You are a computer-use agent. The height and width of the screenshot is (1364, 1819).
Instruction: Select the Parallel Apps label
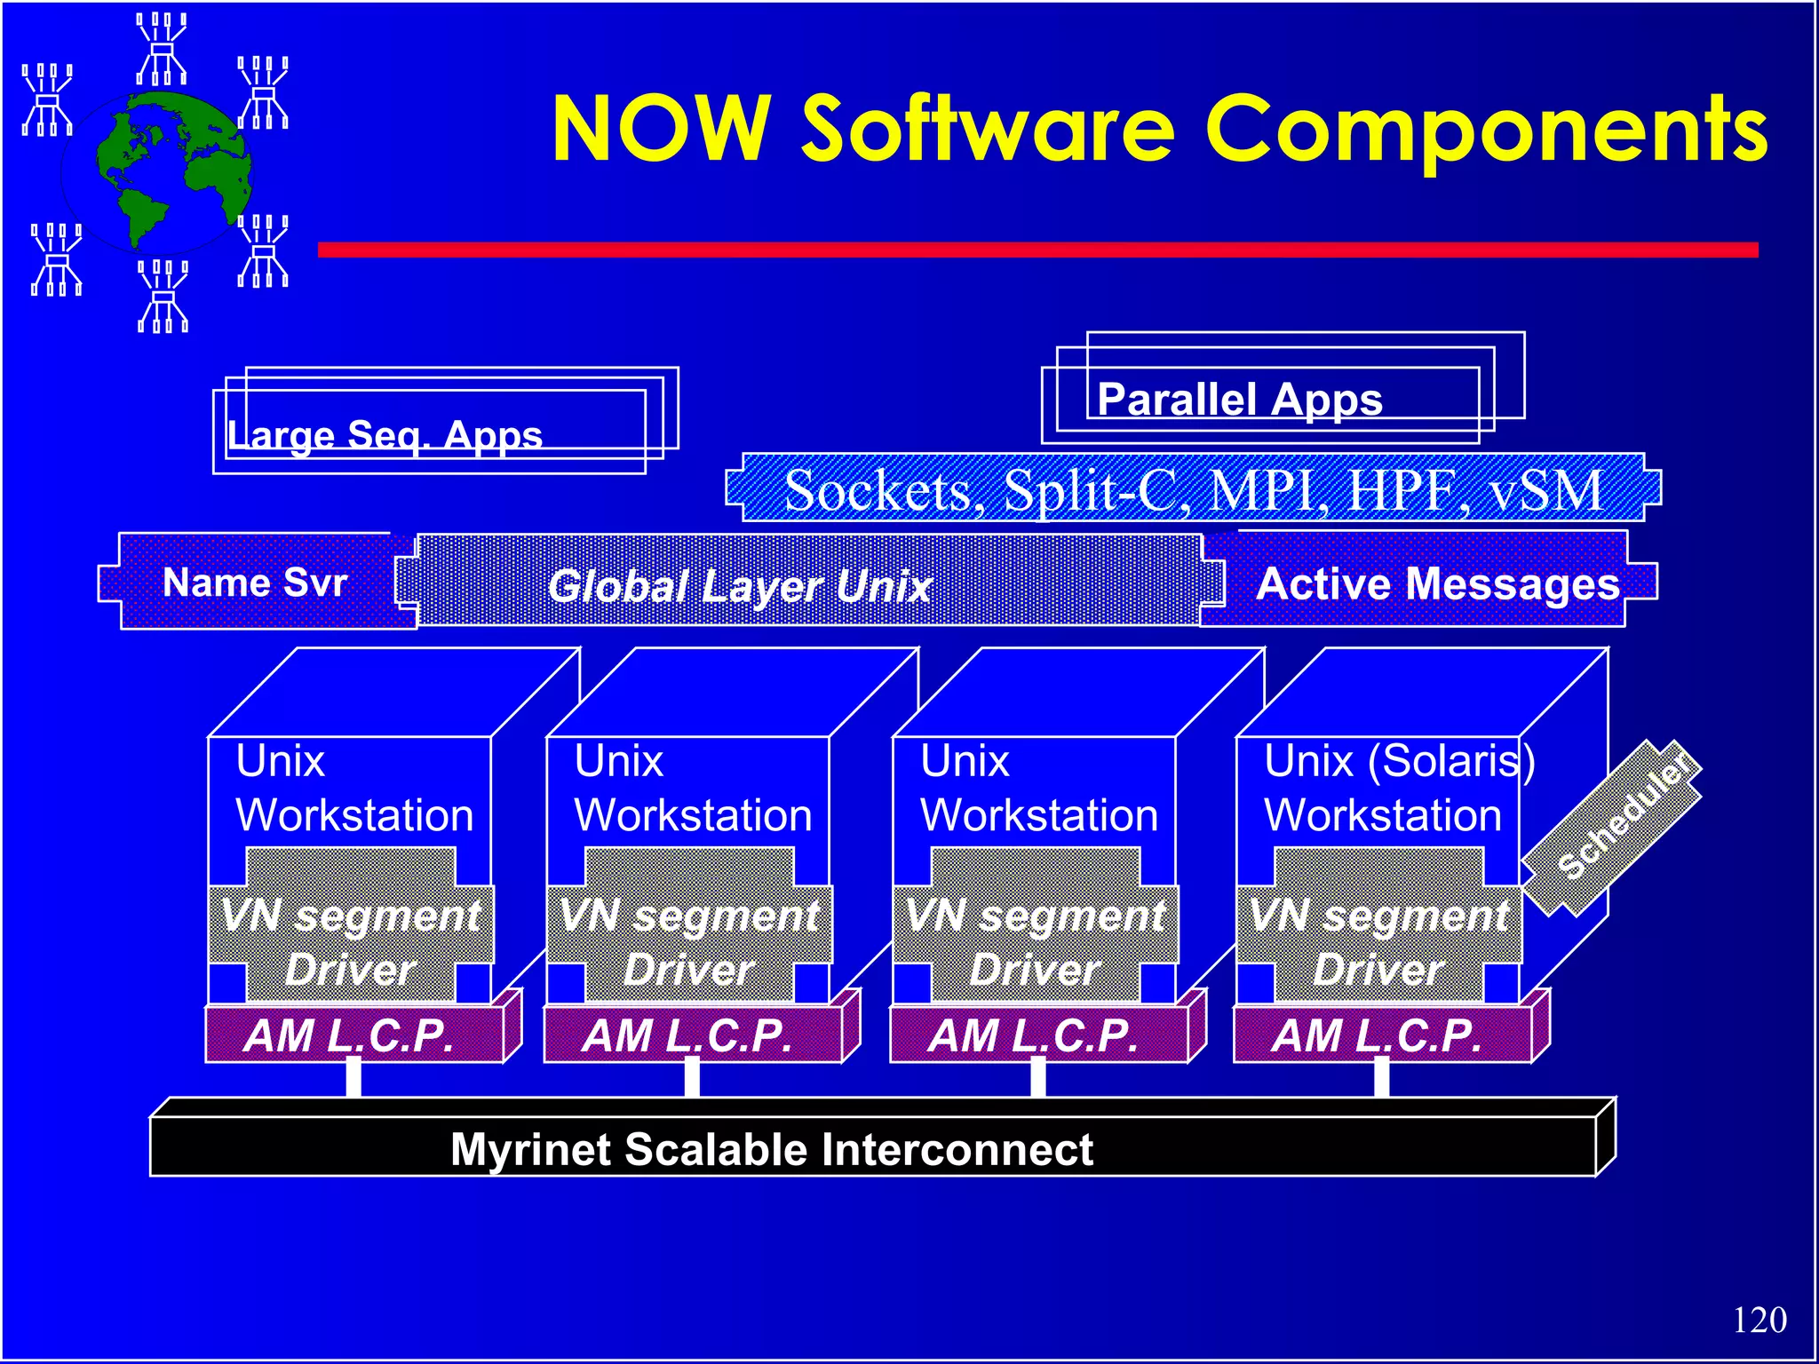1240,400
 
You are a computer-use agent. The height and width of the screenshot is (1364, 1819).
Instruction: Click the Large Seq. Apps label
385,435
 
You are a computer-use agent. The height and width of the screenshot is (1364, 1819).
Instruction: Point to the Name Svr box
255,583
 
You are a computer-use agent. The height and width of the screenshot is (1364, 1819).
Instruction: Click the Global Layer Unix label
740,586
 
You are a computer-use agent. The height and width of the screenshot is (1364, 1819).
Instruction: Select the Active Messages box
1437,583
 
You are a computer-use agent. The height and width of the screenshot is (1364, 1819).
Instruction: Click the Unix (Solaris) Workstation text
1398,788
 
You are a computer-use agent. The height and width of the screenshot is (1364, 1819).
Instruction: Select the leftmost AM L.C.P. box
351,1035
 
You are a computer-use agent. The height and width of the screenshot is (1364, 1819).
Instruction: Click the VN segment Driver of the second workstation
689,941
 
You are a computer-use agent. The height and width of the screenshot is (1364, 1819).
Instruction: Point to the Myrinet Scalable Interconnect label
771,1149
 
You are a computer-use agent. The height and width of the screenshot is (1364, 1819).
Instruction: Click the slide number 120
1759,1320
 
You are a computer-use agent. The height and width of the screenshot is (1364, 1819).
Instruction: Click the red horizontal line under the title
1037,250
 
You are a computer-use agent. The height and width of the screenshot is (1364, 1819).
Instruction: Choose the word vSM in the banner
1546,490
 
